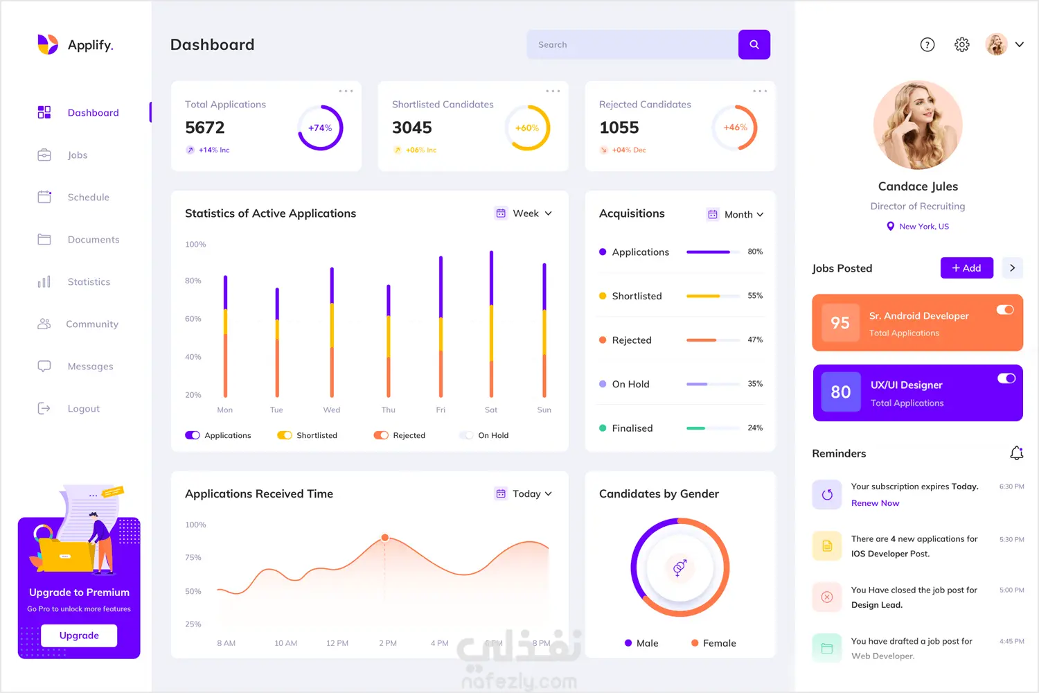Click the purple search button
(x=754, y=44)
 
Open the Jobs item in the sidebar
(x=77, y=155)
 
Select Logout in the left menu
(x=83, y=409)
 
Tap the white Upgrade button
(x=79, y=635)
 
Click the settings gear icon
(x=962, y=44)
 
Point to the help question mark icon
(x=927, y=44)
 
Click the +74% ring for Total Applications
(x=320, y=128)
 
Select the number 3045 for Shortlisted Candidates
(x=412, y=128)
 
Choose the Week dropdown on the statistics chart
(x=524, y=213)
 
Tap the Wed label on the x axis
(x=332, y=410)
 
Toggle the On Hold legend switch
(x=466, y=435)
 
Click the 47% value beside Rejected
(x=755, y=340)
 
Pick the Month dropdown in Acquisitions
(x=736, y=215)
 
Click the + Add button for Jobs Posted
(x=966, y=268)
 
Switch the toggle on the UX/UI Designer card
(x=1006, y=378)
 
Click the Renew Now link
(x=875, y=503)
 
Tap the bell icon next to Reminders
(x=1016, y=453)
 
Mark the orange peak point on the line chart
(x=385, y=538)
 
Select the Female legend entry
(x=713, y=643)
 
